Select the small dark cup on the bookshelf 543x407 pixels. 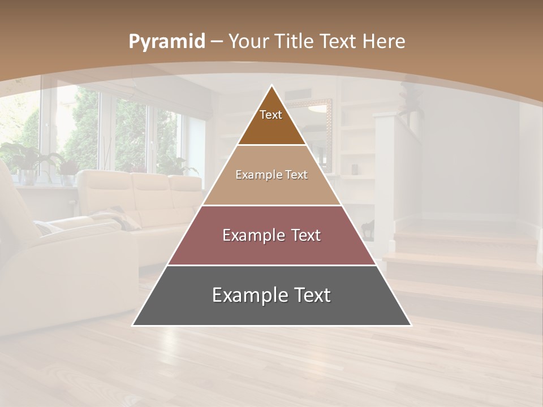(354, 169)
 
